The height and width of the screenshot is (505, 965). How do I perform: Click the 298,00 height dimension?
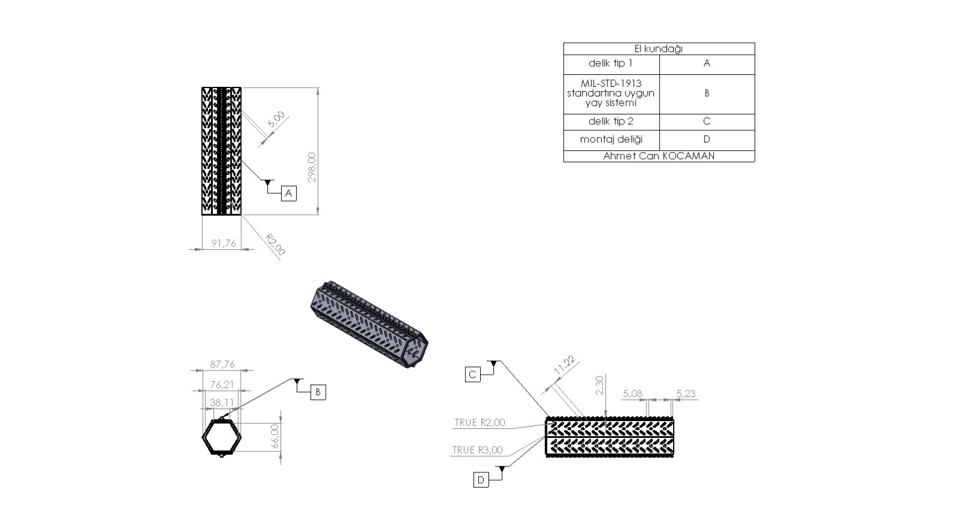point(312,167)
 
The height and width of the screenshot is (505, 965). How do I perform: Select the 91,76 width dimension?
point(224,244)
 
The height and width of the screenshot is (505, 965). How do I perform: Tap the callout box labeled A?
point(289,194)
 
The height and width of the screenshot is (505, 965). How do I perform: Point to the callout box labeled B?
point(318,392)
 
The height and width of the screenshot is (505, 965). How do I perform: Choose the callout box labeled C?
point(473,375)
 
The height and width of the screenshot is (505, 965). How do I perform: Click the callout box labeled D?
point(481,480)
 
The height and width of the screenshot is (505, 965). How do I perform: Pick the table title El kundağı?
point(659,49)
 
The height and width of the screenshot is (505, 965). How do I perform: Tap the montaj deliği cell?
point(611,139)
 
